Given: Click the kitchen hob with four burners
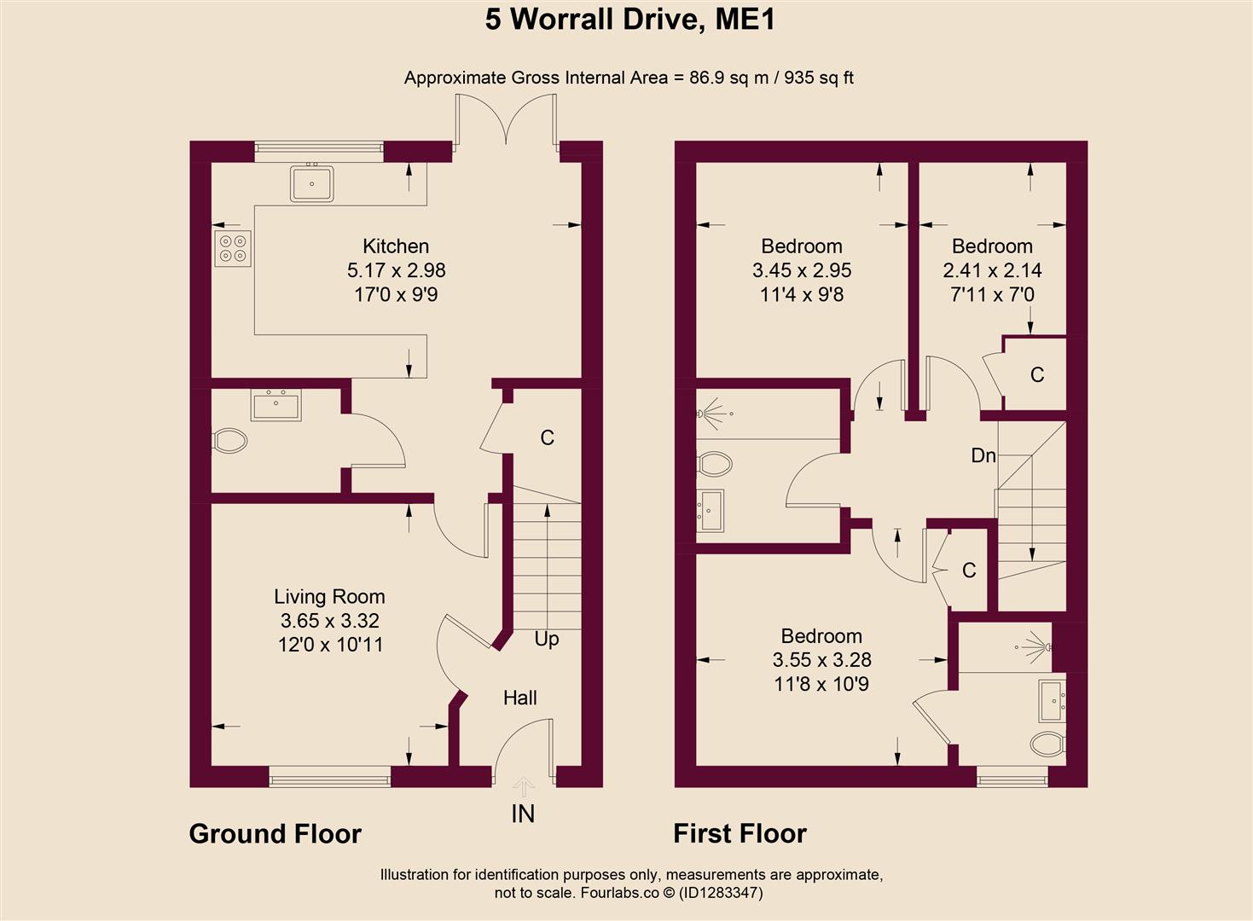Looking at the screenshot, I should coord(233,247).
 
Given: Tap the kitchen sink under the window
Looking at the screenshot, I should coord(311,182).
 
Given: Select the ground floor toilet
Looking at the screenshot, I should coord(229,441).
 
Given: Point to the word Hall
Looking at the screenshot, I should coord(519,698).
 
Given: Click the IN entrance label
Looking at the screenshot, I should coord(523,814).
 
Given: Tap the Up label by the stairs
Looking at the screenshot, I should coord(547,639).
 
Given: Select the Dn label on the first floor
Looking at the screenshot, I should coord(983,455).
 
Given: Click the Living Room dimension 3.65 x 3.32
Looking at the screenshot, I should coord(329,621).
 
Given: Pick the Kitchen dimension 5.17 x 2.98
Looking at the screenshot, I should coord(396,270).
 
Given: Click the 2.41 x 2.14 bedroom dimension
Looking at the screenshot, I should coord(992,270).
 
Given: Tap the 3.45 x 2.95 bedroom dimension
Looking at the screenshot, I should coord(802,270).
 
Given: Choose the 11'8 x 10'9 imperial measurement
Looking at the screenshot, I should coord(821,684).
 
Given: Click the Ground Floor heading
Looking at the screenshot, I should coord(275,833).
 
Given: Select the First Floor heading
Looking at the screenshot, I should coord(740,833).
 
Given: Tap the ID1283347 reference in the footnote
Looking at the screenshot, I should coord(713,893).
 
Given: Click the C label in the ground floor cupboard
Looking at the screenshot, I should coord(548,437).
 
